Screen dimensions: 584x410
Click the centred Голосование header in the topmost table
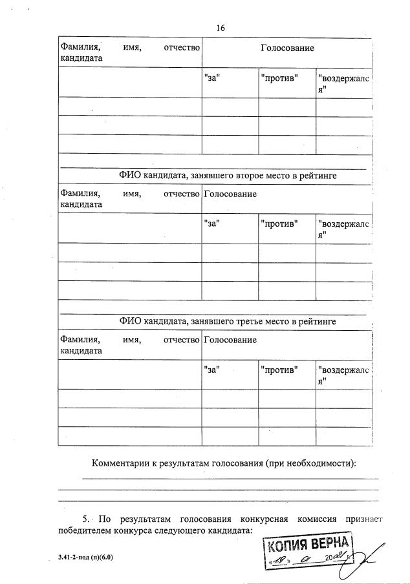pyautogui.click(x=287, y=48)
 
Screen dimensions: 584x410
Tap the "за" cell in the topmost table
pyautogui.click(x=212, y=78)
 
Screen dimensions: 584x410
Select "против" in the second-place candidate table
pyautogui.click(x=279, y=224)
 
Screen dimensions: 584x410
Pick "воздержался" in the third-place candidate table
pyautogui.click(x=343, y=375)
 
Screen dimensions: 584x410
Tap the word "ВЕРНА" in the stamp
pyautogui.click(x=331, y=543)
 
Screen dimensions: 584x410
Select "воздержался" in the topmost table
pyautogui.click(x=343, y=83)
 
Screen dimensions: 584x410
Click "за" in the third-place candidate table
pyautogui.click(x=212, y=370)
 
